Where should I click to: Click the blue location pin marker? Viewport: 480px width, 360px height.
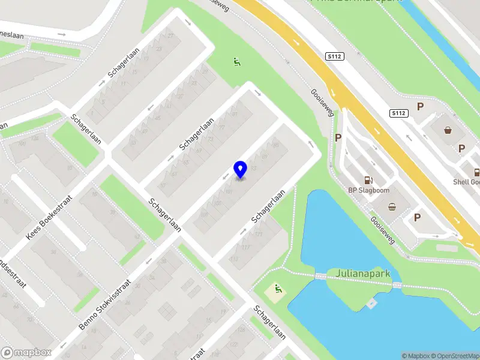click(x=240, y=170)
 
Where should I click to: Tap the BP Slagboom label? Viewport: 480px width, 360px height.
click(x=369, y=191)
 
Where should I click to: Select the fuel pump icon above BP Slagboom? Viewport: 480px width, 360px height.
click(x=367, y=179)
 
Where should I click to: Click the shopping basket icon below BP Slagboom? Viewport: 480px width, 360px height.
click(x=392, y=208)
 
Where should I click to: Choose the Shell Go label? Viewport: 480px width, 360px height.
click(x=467, y=182)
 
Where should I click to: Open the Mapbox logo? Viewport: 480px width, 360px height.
click(x=26, y=352)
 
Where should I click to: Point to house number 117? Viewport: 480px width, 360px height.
click(x=244, y=248)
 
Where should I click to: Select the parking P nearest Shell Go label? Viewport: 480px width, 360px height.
click(x=461, y=148)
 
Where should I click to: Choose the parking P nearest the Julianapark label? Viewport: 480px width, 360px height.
click(x=416, y=217)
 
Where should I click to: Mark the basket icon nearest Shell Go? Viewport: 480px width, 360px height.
click(x=448, y=130)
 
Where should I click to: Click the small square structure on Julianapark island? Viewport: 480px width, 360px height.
click(x=371, y=303)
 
